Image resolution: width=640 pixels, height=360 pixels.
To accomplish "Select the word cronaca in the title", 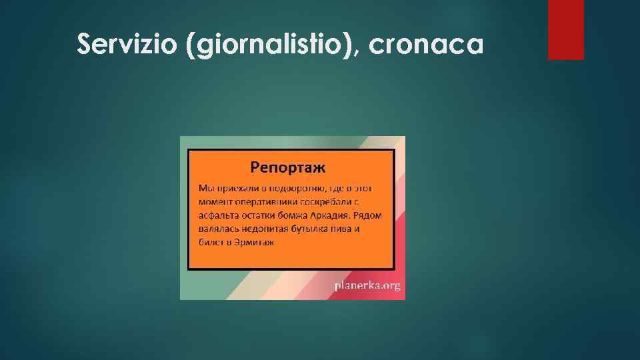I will click(425, 45).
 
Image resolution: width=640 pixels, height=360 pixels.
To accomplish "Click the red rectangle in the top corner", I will click(565, 29).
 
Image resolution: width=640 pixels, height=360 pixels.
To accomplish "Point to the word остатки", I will click(265, 214).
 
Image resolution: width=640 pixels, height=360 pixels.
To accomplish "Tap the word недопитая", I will click(261, 228).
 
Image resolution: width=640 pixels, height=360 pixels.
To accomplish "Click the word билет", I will click(211, 242).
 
